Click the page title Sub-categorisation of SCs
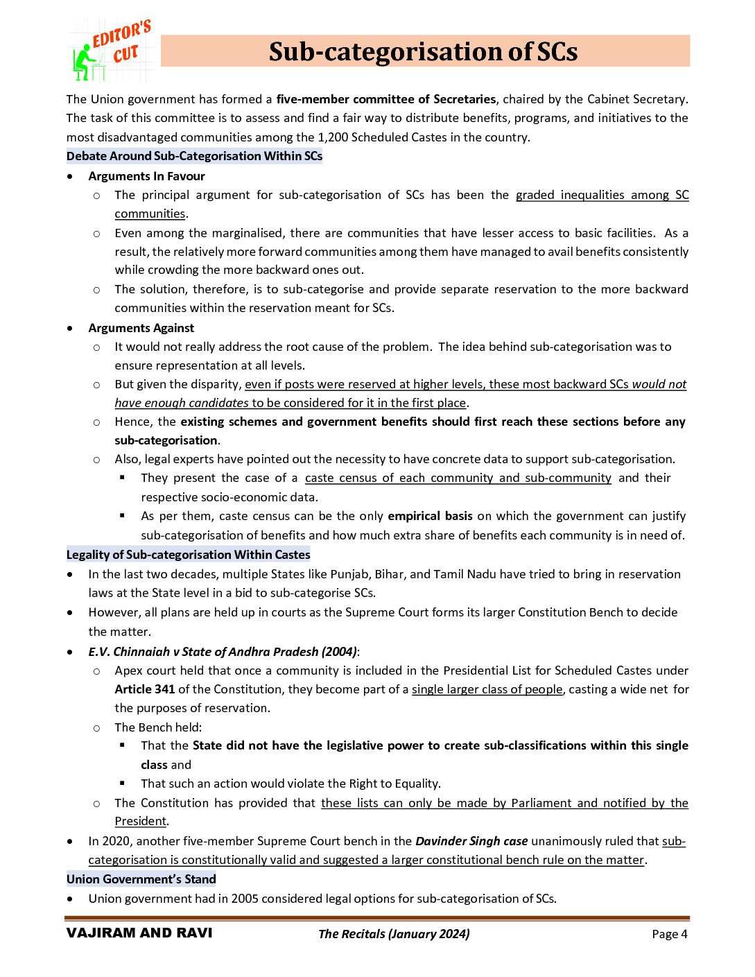pyautogui.click(x=423, y=51)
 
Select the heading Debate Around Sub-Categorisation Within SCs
pyautogui.click(x=194, y=156)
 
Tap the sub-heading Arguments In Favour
pyautogui.click(x=146, y=176)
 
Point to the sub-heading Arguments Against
pyautogui.click(x=141, y=328)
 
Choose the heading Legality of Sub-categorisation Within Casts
pyautogui.click(x=188, y=555)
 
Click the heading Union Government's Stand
pyautogui.click(x=141, y=879)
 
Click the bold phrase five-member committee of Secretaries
pyautogui.click(x=385, y=99)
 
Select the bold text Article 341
pyautogui.click(x=144, y=689)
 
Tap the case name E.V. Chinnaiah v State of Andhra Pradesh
pyautogui.click(x=222, y=652)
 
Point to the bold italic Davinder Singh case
pyautogui.click(x=471, y=841)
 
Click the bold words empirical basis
pyautogui.click(x=430, y=516)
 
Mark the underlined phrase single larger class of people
pyautogui.click(x=487, y=689)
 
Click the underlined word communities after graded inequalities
pyautogui.click(x=150, y=214)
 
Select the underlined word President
pyautogui.click(x=140, y=821)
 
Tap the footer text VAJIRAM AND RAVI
pyautogui.click(x=139, y=933)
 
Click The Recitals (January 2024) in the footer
pyautogui.click(x=394, y=934)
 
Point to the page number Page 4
pyautogui.click(x=669, y=934)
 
